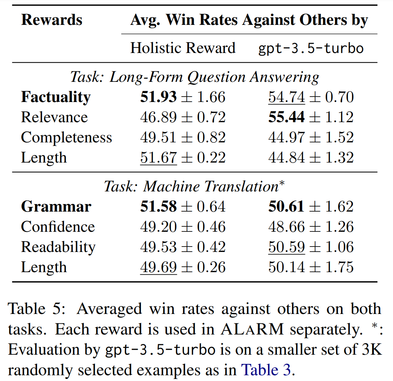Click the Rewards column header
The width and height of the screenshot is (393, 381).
[x=52, y=20]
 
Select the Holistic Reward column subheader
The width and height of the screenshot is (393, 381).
[x=183, y=48]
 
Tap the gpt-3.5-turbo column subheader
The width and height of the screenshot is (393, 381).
[x=311, y=48]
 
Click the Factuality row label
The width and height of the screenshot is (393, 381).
[x=56, y=97]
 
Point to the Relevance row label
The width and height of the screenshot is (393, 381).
[x=54, y=118]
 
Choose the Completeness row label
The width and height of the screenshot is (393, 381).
[x=66, y=138]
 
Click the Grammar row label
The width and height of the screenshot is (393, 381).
[x=56, y=207]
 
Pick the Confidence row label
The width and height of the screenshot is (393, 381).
[x=58, y=227]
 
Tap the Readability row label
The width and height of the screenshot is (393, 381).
[x=58, y=247]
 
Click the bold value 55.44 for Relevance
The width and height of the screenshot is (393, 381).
[x=287, y=118]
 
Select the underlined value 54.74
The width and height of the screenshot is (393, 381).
[x=287, y=97]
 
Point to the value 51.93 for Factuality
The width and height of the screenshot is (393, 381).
[x=159, y=97]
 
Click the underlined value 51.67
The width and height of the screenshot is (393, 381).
[x=159, y=158]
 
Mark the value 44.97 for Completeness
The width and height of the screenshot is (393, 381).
[x=287, y=138]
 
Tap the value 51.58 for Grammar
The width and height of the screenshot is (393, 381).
[x=159, y=207]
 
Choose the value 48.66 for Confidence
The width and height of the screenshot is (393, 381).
[x=287, y=227]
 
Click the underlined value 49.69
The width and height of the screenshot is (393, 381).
[x=159, y=267]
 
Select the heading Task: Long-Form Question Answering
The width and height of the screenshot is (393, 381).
[x=195, y=77]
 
